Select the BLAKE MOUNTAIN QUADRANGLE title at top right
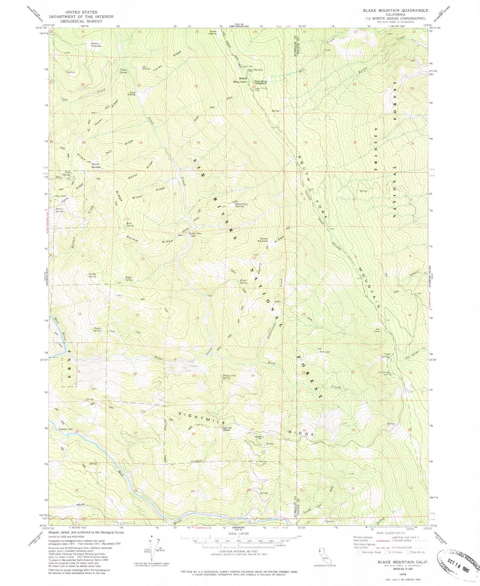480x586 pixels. tap(395, 11)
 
